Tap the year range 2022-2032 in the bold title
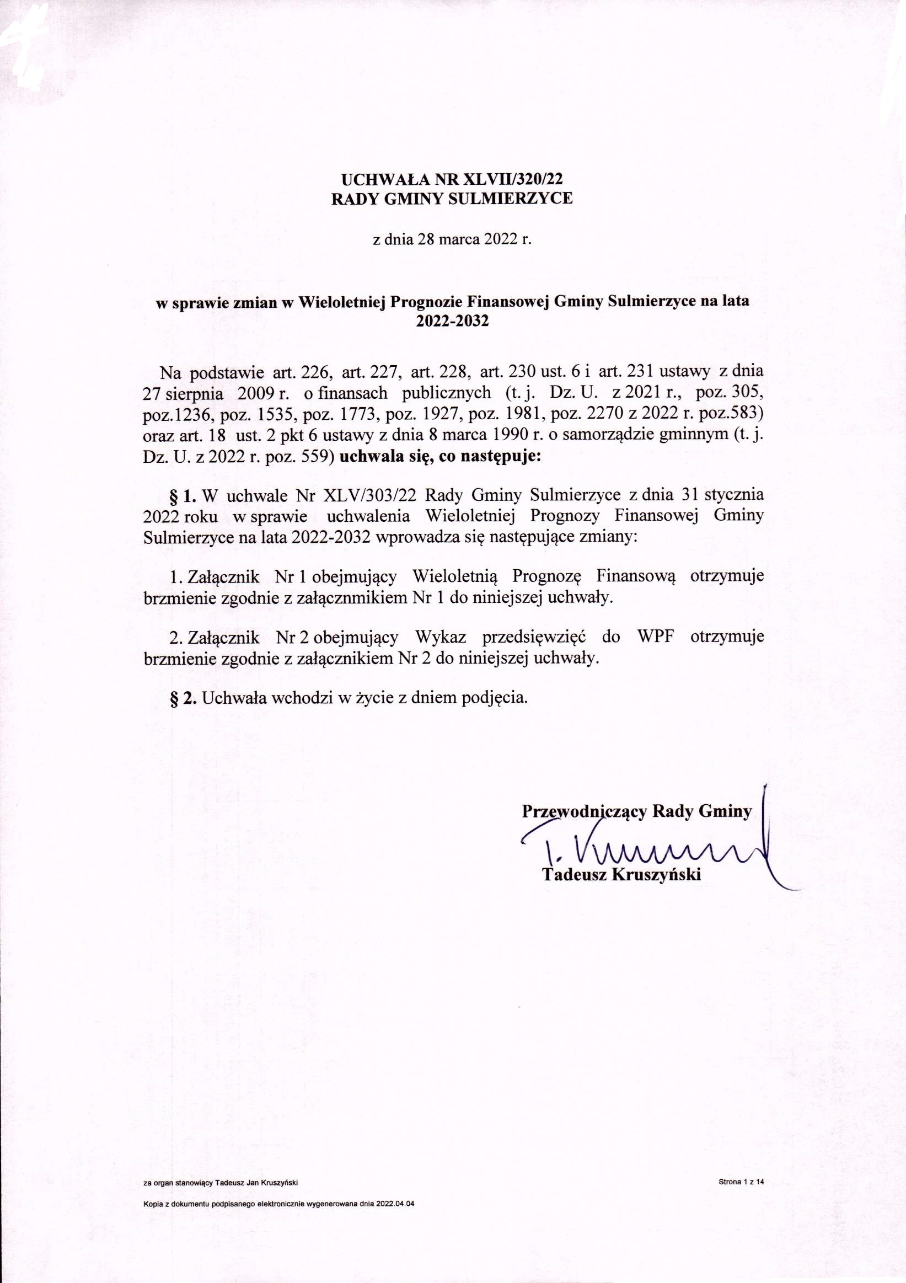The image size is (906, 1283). click(452, 322)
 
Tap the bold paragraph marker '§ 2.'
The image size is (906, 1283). click(183, 698)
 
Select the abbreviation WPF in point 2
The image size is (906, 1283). click(656, 637)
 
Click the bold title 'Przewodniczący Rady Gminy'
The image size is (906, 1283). click(636, 811)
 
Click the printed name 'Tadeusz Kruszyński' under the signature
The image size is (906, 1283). click(621, 874)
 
